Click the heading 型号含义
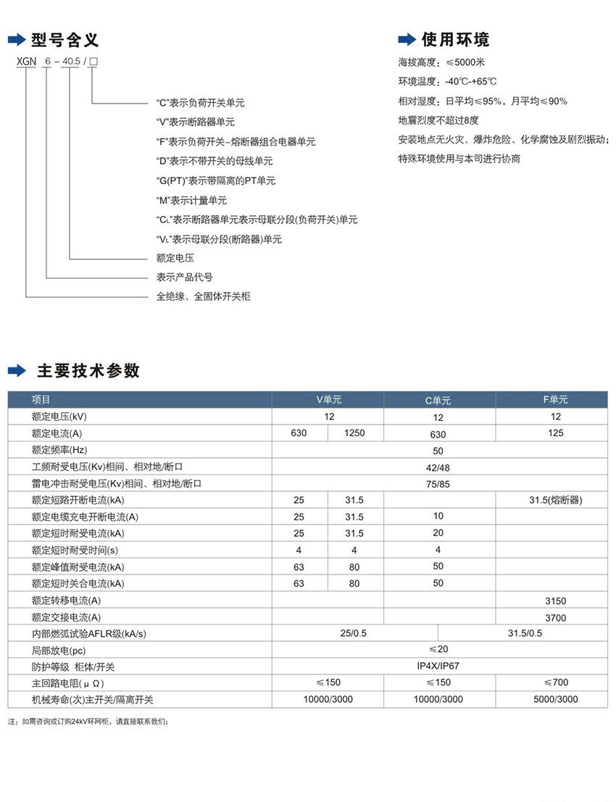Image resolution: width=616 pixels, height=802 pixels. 64,39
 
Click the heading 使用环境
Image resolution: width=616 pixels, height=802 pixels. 455,39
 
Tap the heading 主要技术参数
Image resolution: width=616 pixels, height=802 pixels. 88,371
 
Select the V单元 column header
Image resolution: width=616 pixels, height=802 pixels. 328,399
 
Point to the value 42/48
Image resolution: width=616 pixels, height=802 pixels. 438,467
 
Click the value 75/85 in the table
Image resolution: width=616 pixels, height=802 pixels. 438,484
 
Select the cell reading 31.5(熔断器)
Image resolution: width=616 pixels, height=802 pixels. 556,500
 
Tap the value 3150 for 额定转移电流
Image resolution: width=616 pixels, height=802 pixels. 555,601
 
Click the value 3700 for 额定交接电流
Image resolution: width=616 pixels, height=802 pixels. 555,618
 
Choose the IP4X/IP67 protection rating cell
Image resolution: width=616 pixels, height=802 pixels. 438,665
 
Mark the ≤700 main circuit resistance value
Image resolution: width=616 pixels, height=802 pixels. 556,682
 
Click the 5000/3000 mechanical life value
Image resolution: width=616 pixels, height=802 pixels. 556,699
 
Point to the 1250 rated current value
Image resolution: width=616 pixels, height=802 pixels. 354,433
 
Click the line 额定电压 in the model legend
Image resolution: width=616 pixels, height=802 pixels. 175,257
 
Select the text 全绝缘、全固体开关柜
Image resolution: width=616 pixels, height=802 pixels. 204,296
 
